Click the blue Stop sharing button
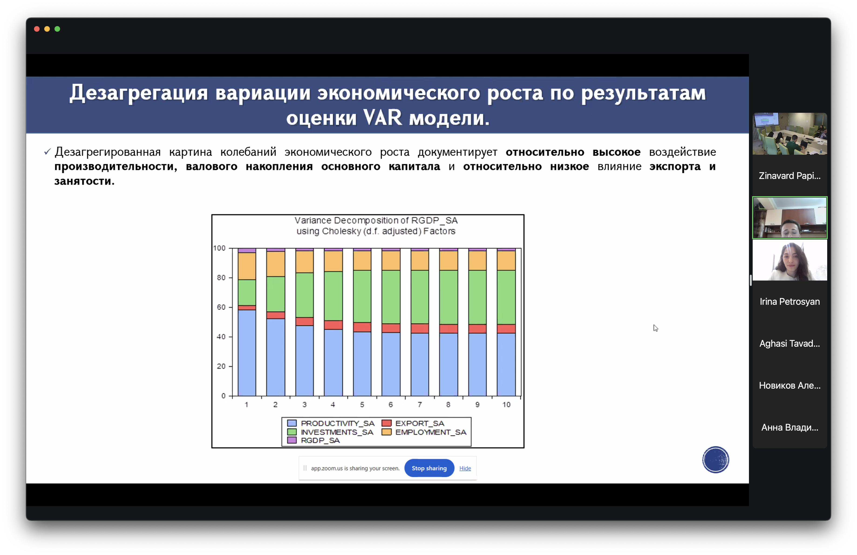pos(429,468)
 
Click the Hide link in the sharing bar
pos(465,468)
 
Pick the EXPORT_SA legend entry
pos(413,423)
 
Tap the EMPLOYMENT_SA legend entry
pos(424,432)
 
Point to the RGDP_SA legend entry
pos(313,440)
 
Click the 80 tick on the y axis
pos(221,277)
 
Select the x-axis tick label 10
pos(506,404)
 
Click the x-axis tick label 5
pos(362,404)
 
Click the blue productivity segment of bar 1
pos(247,353)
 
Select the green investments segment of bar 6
pos(391,297)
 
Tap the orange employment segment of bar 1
pos(247,266)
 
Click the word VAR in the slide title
pos(382,117)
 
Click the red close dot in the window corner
pos(37,29)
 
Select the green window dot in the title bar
pos(57,29)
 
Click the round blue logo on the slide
pos(715,459)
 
